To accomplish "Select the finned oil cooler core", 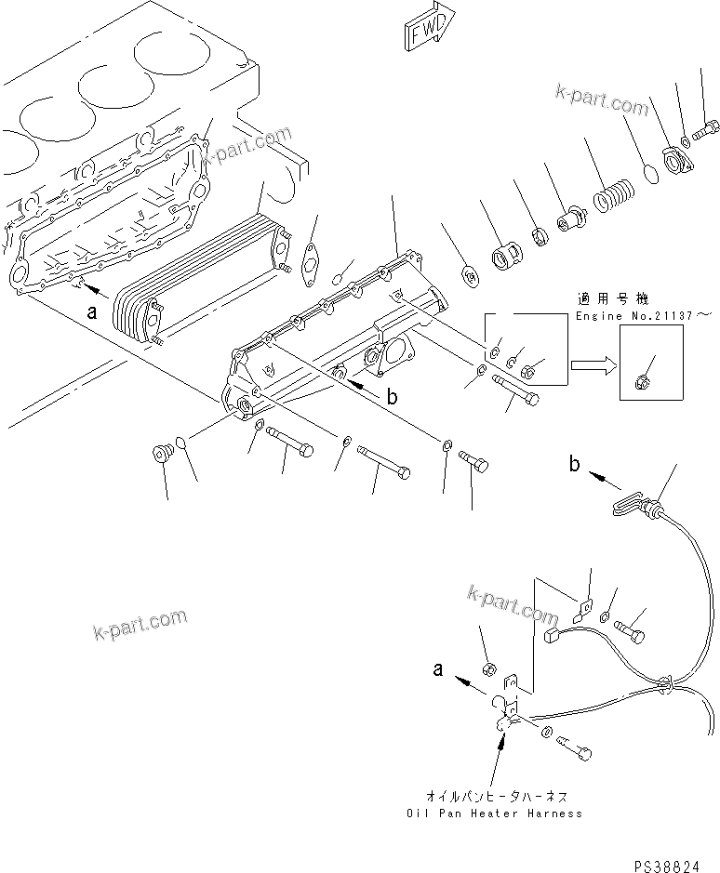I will [195, 274].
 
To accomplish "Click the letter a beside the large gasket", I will [92, 313].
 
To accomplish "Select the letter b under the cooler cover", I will [392, 397].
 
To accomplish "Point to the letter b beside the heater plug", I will [576, 464].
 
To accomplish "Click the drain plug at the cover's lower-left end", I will [164, 454].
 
